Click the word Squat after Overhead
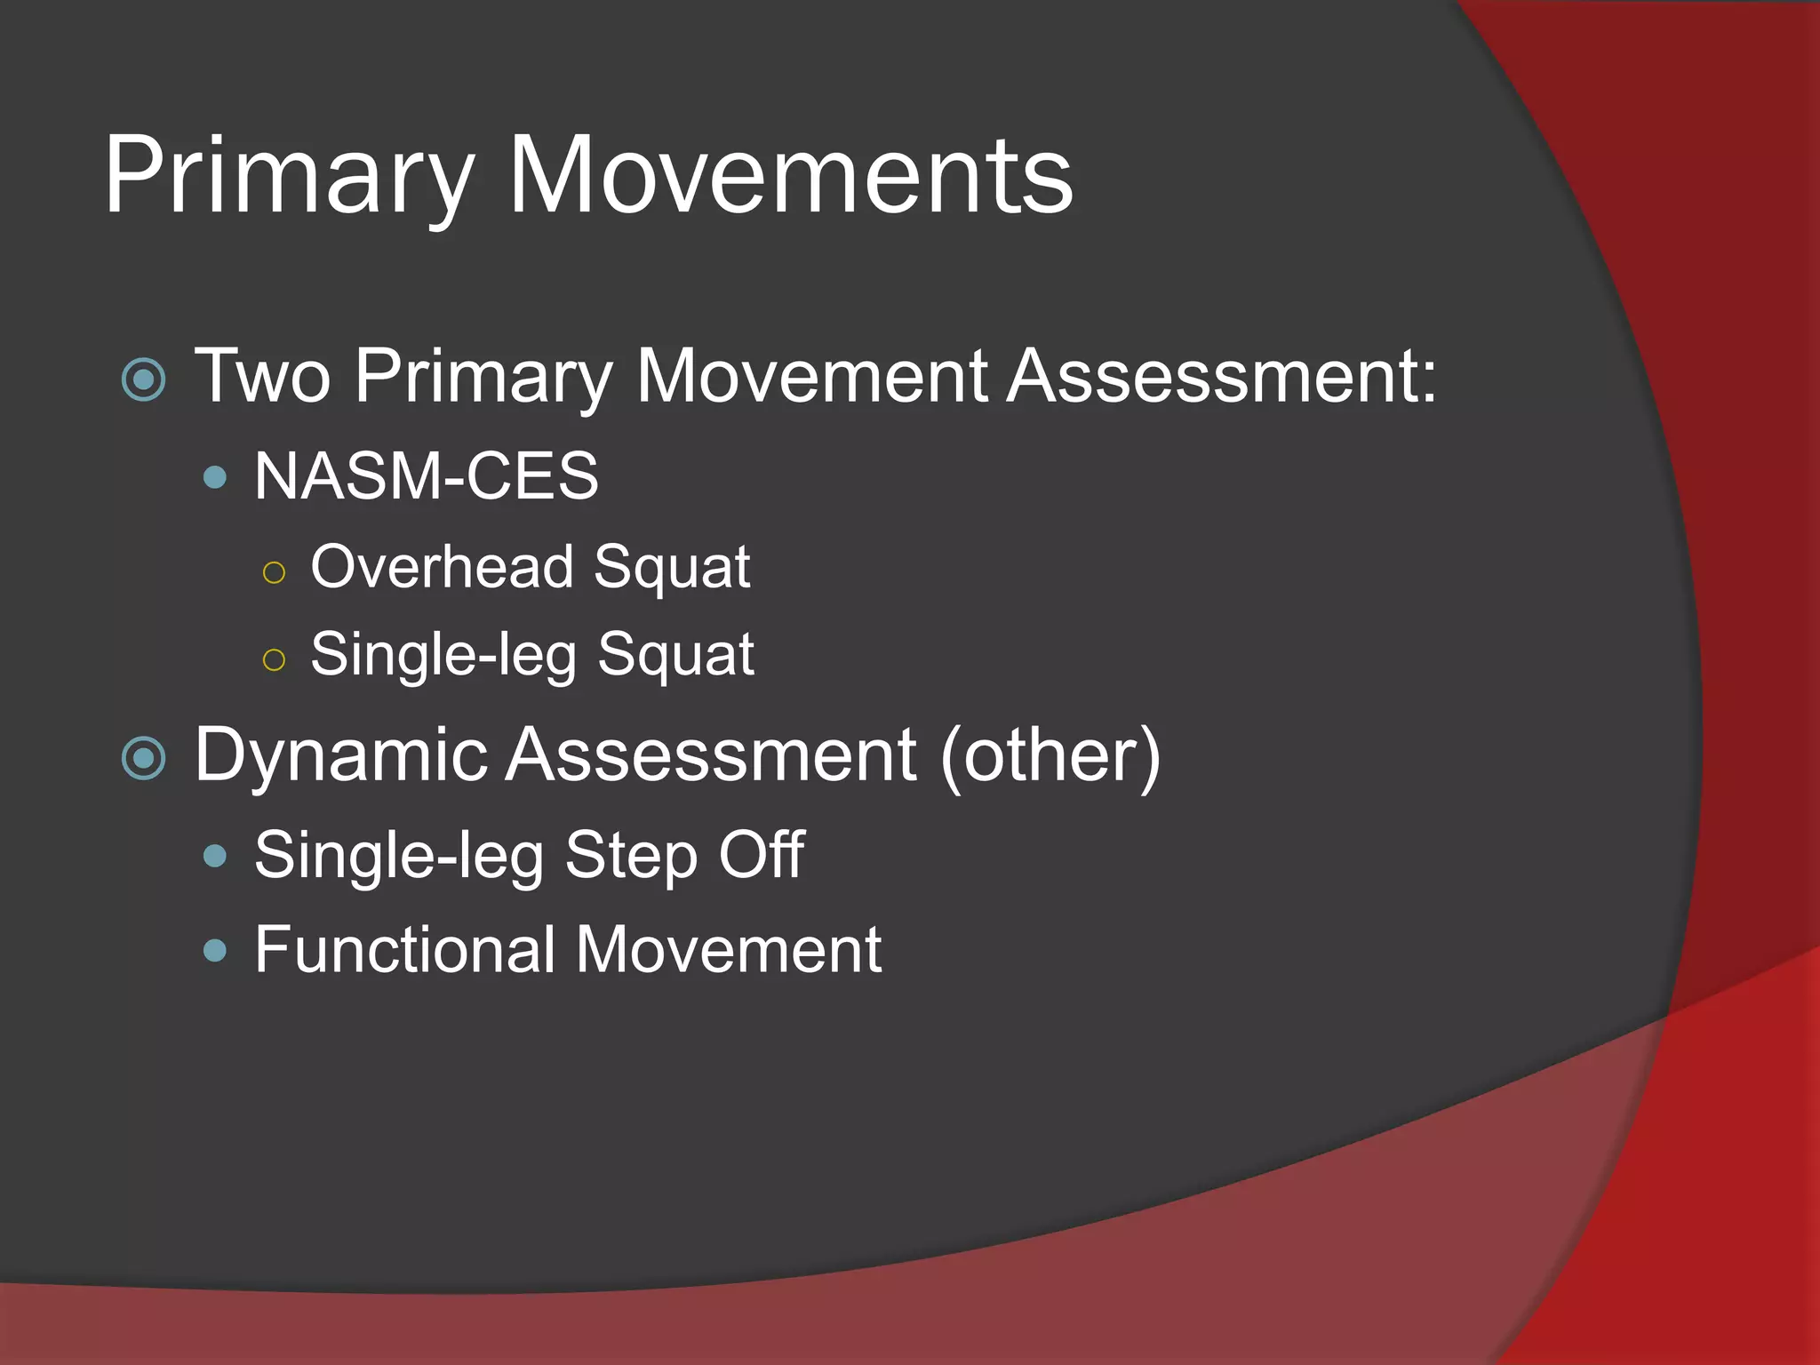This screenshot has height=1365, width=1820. point(672,569)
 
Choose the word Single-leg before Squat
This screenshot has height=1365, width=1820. point(443,656)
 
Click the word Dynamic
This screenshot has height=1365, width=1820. point(341,756)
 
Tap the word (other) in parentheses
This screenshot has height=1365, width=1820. point(1050,756)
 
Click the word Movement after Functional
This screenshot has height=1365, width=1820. point(729,949)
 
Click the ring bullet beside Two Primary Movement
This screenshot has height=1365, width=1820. point(144,379)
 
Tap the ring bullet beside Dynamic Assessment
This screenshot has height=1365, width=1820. point(144,758)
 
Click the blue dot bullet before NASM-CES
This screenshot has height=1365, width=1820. point(215,478)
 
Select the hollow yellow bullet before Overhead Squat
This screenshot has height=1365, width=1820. point(275,572)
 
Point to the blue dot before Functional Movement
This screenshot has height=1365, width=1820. point(215,952)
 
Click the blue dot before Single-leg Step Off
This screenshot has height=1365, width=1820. point(215,857)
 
